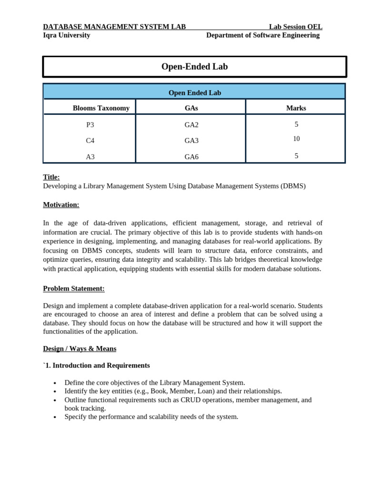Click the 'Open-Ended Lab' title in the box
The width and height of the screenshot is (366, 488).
coord(194,67)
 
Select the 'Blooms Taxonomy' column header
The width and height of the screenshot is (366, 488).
coord(101,108)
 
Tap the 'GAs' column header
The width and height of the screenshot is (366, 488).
coord(191,108)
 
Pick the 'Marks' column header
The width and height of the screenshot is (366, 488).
coord(296,108)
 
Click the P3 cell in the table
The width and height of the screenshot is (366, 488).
coord(90,125)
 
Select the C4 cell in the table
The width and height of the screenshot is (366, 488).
coord(90,141)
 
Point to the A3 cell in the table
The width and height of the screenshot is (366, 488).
coord(90,157)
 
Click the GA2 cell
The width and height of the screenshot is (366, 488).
coord(192,125)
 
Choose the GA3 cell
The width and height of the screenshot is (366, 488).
coord(192,141)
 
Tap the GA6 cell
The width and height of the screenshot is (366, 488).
coord(192,157)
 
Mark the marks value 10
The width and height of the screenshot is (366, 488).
coord(296,139)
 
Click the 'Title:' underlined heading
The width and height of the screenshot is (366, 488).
coord(51,177)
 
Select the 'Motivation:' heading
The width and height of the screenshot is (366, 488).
coord(61,205)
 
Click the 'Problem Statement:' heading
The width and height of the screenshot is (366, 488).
coord(74,288)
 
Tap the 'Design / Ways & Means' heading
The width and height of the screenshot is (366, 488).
coord(80,349)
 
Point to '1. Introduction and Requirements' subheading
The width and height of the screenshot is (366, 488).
coord(97,366)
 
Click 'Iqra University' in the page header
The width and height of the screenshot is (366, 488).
coord(67,35)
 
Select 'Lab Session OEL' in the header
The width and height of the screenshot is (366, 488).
coord(295,27)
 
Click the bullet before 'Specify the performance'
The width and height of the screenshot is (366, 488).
coord(55,417)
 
